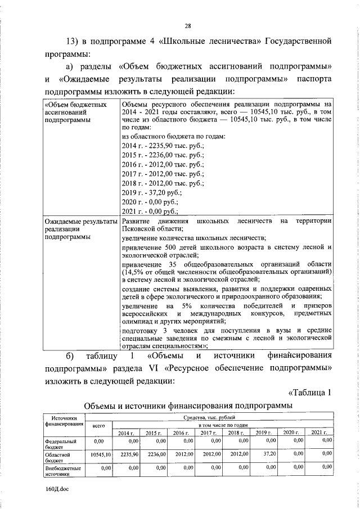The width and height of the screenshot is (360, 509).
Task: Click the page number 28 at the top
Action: [188, 25]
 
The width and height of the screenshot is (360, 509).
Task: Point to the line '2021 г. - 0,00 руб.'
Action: [150, 211]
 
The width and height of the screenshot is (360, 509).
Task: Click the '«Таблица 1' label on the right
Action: [308, 392]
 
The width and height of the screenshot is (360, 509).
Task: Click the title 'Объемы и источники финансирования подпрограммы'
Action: [188, 406]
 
